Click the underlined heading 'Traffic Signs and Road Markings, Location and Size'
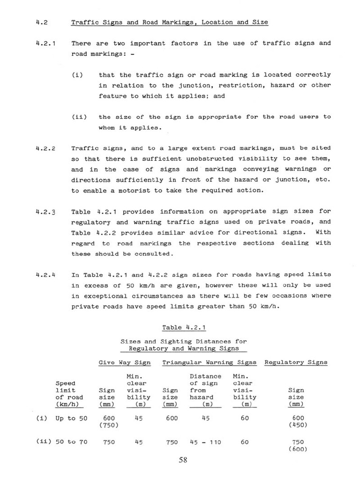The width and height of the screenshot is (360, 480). [170, 22]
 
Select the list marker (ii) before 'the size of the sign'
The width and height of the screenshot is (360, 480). [79, 117]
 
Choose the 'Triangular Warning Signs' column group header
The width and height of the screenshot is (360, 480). [209, 362]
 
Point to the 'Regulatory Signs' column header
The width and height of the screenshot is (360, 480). [296, 362]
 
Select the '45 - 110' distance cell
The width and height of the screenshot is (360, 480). [205, 442]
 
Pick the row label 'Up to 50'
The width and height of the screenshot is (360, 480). [71, 418]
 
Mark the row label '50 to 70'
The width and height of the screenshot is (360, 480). [71, 442]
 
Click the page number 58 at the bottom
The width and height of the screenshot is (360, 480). [183, 460]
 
